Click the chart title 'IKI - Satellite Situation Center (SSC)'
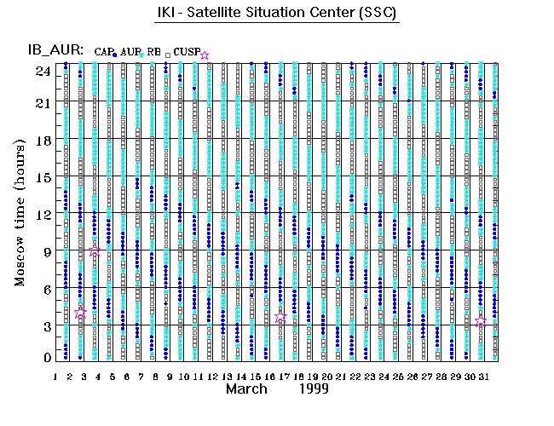278,14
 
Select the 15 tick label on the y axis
43,177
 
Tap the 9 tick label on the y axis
46,250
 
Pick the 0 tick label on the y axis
46,359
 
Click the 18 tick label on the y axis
43,141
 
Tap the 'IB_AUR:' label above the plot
56,50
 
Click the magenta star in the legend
205,55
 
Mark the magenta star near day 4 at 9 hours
95,251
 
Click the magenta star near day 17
281,317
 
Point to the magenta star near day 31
482,321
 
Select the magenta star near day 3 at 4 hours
81,313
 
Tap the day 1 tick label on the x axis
55,376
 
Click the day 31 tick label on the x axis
482,376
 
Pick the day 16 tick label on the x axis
268,376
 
